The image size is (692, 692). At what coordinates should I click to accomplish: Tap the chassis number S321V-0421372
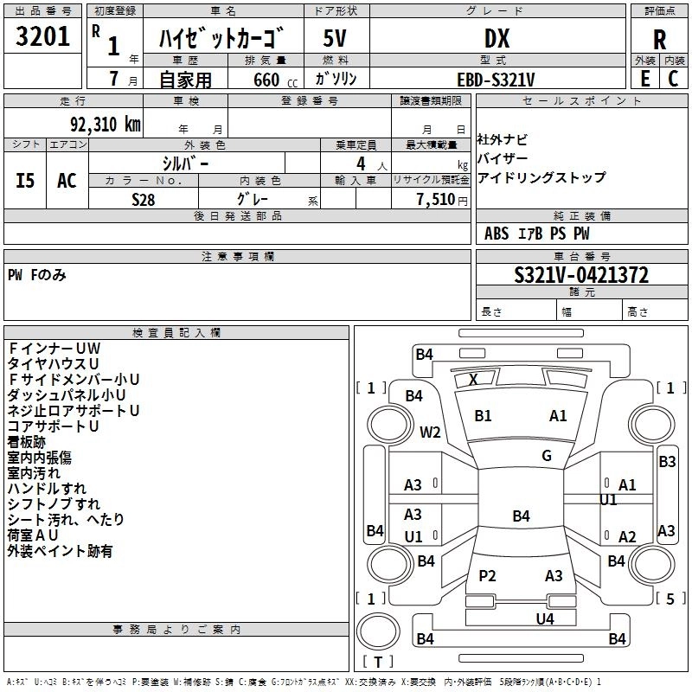(581, 275)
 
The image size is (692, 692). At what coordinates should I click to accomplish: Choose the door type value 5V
(335, 38)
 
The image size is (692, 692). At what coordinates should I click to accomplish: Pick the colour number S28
(144, 199)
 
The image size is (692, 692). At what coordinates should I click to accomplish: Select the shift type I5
(25, 181)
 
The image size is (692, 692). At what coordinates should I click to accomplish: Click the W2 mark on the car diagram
(431, 432)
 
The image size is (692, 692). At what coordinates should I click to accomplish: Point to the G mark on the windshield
(546, 456)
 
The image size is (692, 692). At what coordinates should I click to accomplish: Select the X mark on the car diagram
(473, 379)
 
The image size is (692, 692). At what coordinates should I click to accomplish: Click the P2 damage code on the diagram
(488, 575)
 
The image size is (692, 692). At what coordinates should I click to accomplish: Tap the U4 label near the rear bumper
(544, 618)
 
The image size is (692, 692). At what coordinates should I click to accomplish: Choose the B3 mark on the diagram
(667, 462)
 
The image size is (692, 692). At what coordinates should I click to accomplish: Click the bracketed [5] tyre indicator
(670, 598)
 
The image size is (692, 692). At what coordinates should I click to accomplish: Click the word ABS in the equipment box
(497, 234)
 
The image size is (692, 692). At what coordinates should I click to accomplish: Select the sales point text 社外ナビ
(502, 139)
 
